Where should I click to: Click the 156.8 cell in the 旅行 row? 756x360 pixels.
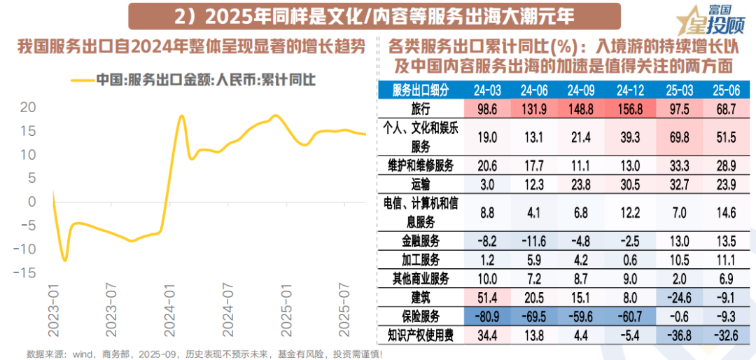[x=629, y=109]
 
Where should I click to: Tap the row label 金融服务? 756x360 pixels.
[x=420, y=240]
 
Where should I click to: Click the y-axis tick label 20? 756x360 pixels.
[x=27, y=107]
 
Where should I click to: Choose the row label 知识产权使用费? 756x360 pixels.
[x=420, y=335]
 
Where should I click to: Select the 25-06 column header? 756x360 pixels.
[x=726, y=90]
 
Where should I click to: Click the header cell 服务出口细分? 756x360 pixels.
[x=420, y=90]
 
